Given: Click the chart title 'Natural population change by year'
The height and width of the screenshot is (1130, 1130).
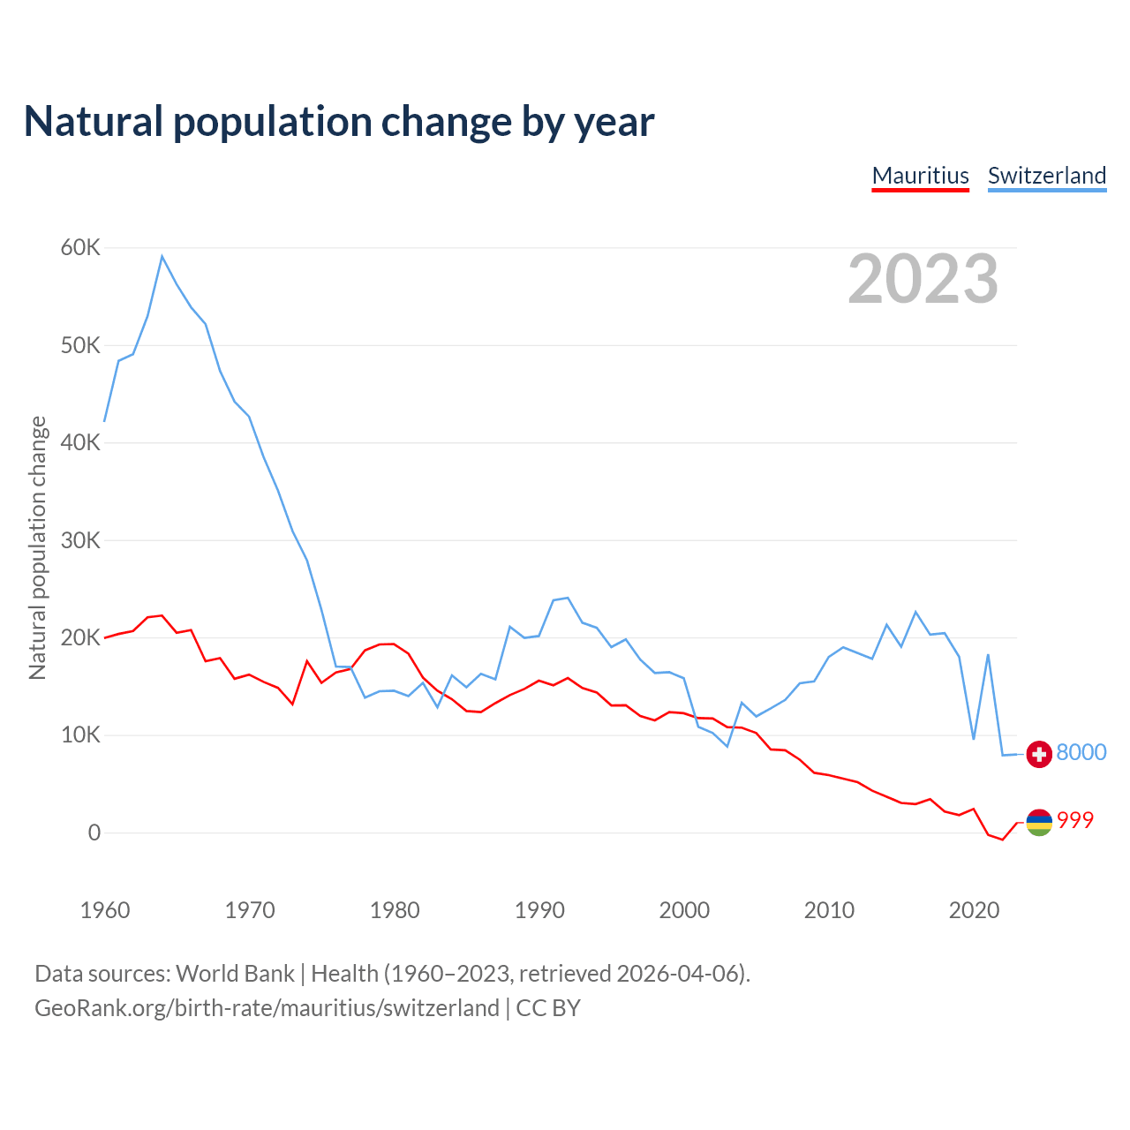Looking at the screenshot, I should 339,122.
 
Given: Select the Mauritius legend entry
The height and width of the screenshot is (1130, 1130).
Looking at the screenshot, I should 920,176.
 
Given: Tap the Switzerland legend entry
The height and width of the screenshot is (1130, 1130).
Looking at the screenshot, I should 1046,176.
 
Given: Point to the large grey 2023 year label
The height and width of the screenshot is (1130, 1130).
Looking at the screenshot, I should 923,279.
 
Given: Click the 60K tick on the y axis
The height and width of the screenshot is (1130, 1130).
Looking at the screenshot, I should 80,248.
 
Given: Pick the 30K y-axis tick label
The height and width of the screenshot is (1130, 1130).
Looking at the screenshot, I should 80,540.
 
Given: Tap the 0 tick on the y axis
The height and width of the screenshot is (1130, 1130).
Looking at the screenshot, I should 94,832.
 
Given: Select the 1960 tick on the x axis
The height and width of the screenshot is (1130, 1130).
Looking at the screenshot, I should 105,910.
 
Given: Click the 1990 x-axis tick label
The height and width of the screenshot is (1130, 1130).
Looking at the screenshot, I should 539,910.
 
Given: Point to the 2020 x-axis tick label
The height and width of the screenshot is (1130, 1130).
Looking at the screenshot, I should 974,910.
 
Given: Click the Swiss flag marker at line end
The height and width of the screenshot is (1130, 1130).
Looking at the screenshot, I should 1039,754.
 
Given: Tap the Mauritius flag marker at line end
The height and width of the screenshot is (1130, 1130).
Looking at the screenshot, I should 1039,822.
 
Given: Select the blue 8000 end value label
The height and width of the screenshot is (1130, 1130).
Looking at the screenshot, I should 1081,752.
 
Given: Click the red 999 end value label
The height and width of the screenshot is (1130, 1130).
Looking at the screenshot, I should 1074,820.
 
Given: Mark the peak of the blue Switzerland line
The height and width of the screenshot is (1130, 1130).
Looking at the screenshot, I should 162,257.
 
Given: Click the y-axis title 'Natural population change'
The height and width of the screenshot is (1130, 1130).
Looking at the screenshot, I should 38,548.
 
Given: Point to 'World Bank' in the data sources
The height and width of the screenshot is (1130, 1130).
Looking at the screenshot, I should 235,974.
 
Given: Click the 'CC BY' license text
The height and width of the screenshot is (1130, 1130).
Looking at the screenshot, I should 548,1008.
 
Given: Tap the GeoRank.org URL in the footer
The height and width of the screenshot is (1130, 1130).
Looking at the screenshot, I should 267,1008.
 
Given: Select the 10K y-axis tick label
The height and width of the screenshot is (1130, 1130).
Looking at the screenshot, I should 80,735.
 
